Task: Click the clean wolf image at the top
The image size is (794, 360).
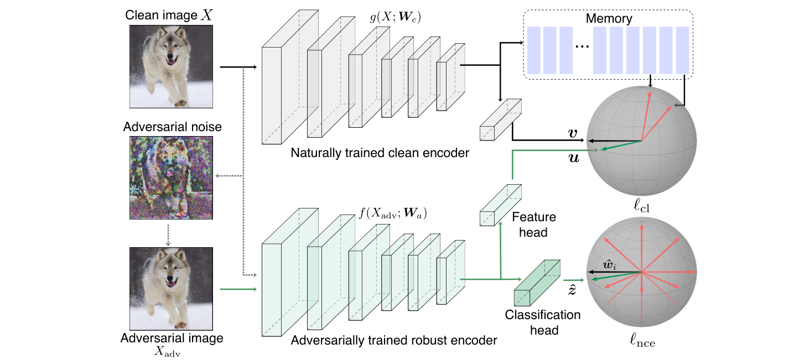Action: click(171, 66)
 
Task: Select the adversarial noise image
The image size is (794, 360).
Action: click(171, 178)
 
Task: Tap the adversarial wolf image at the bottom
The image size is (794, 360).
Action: click(171, 289)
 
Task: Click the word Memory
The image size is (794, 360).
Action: click(609, 18)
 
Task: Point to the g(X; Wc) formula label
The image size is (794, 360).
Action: click(395, 17)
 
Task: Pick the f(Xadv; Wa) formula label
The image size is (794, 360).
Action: click(393, 213)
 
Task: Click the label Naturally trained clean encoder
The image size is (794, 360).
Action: click(380, 153)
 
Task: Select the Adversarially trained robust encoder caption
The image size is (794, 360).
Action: click(394, 340)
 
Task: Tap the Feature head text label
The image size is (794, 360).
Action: click(534, 225)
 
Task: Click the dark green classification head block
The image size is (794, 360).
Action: click(537, 283)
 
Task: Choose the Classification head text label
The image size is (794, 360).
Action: click(543, 322)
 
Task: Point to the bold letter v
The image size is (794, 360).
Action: click(573, 133)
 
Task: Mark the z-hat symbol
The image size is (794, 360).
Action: click(572, 289)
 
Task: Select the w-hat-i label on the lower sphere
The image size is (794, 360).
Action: click(609, 265)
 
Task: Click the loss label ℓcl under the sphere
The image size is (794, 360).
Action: click(642, 206)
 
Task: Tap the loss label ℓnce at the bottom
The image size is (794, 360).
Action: click(642, 340)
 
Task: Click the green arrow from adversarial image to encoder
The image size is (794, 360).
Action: click(238, 289)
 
